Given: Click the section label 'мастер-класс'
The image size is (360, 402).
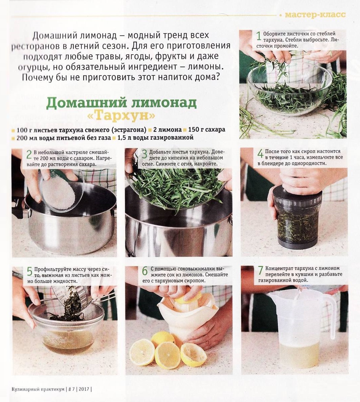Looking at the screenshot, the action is tap(315, 15).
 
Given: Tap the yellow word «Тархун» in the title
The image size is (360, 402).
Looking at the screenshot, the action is tap(121, 116).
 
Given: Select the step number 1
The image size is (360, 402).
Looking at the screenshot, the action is tap(259, 36).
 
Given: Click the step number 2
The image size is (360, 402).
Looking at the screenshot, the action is tap(29, 155).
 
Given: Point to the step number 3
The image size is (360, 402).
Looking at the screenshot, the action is tap(145, 154).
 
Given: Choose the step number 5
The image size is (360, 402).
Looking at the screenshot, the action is tap(29, 272).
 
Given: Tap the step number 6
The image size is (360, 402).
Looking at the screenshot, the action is tap(145, 271).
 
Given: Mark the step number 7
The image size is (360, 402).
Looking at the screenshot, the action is tap(261, 271).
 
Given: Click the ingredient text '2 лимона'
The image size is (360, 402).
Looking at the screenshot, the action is tap(167, 130).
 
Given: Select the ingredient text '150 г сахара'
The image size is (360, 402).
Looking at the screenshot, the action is tap(207, 130).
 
